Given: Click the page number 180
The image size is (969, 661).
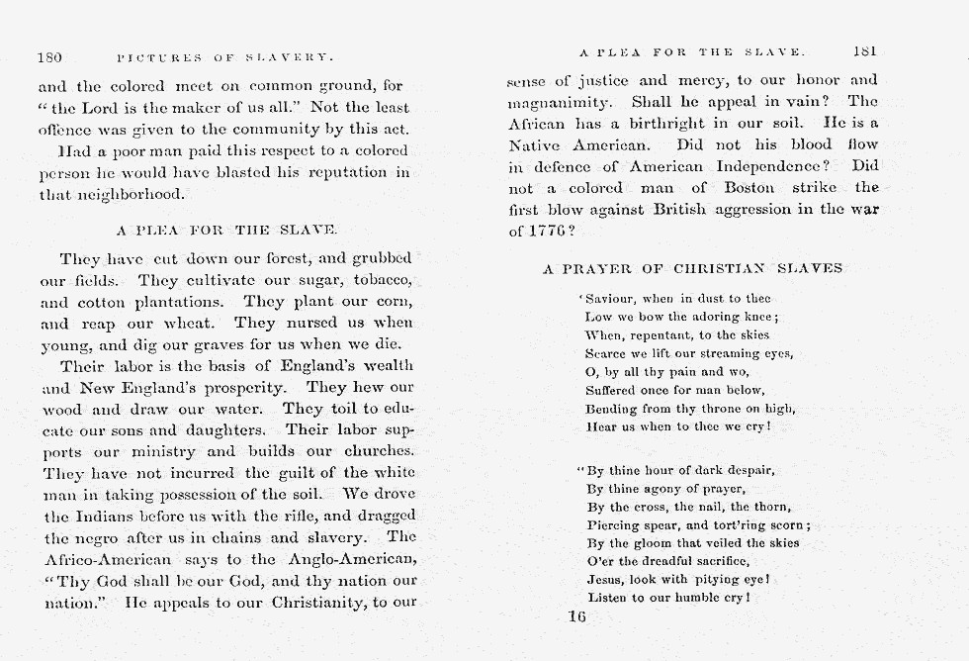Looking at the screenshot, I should coord(49,57).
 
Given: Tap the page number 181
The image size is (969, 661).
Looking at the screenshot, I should coord(863,50).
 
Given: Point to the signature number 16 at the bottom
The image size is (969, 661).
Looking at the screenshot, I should coord(577,616).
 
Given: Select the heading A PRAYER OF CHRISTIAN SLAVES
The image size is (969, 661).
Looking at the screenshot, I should coord(692,268).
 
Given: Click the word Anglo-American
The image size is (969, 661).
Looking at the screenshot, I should coord(343,558).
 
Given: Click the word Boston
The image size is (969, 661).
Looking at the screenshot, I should coord(755,187).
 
